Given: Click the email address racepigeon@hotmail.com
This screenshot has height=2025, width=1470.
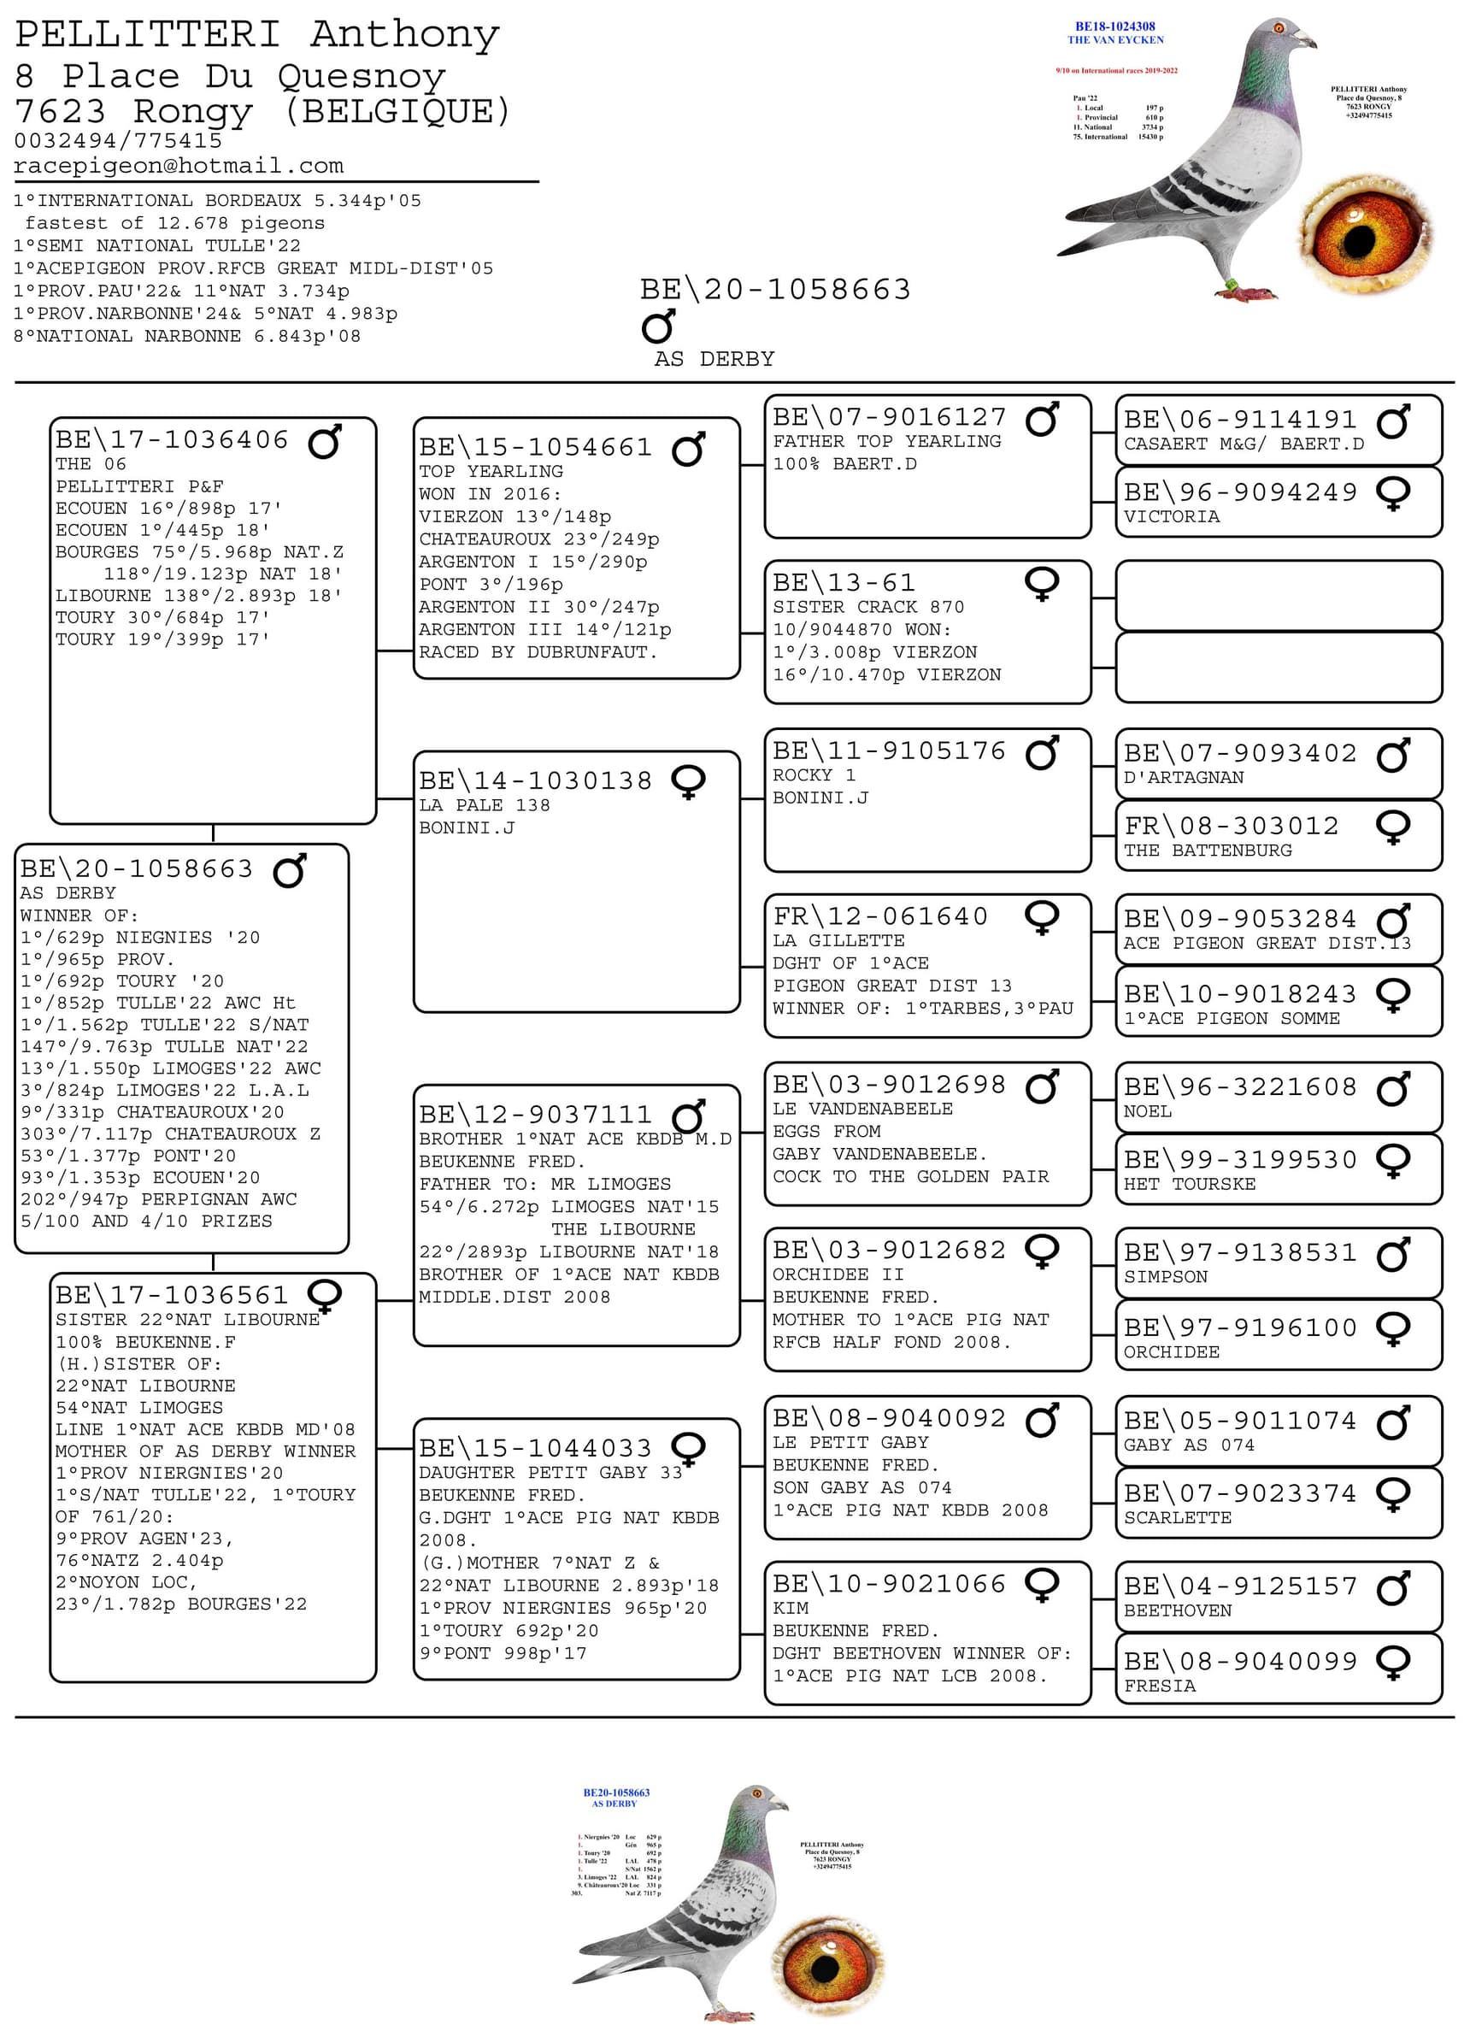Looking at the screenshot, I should click(x=179, y=166).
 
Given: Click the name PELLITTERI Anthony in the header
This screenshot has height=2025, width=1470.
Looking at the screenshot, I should click(x=257, y=35).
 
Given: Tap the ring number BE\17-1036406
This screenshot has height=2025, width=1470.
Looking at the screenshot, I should click(x=173, y=440).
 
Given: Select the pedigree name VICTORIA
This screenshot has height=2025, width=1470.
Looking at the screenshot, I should click(x=1171, y=517).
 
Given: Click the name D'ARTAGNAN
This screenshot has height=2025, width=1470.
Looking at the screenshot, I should click(x=1183, y=778).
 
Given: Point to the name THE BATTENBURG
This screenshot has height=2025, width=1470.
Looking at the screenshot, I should click(x=1207, y=851).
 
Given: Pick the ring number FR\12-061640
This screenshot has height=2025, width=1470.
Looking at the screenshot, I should click(x=880, y=917).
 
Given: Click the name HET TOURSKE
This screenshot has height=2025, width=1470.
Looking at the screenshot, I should click(x=1189, y=1185).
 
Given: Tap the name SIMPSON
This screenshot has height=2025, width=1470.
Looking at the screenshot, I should click(x=1165, y=1278).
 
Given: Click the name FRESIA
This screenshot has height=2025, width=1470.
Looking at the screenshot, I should click(x=1160, y=1687).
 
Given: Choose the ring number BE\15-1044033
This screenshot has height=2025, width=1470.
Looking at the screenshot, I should click(x=536, y=1448).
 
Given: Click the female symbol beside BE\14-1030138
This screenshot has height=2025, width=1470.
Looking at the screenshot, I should click(x=688, y=782).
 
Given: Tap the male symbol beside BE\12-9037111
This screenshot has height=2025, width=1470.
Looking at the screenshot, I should click(x=688, y=1116).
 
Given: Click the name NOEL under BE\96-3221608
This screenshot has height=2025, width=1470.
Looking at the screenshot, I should click(x=1147, y=1112).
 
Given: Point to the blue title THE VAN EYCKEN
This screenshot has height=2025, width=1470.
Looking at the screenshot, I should click(x=1114, y=40).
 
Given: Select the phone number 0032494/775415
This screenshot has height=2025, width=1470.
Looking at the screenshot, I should click(x=118, y=141).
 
